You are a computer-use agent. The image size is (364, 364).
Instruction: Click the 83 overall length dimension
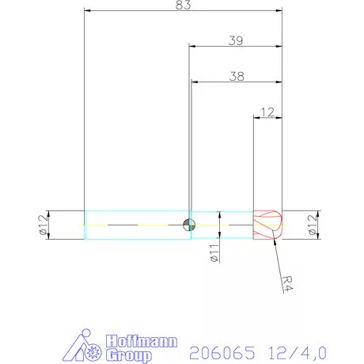point(182,5)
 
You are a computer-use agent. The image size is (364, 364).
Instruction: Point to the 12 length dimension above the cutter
point(267,112)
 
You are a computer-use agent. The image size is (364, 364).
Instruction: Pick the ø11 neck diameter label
point(214,254)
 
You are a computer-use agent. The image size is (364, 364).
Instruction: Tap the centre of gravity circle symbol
point(188,225)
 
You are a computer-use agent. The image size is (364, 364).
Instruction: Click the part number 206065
point(216,348)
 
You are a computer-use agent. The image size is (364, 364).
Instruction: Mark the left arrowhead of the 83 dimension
point(87,11)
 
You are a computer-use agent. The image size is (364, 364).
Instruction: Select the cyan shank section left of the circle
point(135,225)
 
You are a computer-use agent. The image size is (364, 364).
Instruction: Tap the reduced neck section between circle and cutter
point(222,225)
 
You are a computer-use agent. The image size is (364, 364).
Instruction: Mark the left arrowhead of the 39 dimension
point(192,46)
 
